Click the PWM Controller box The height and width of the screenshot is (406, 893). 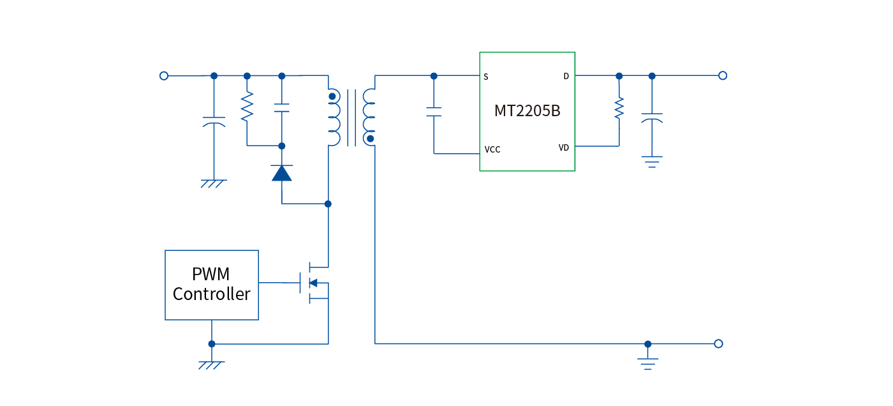coord(212,285)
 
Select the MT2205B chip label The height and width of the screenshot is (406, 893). coord(527,110)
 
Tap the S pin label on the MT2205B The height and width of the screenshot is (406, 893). coord(486,77)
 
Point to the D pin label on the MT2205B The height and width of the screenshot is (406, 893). coord(566,77)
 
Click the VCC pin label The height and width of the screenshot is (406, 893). coord(492,150)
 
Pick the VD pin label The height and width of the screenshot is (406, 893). coord(564,147)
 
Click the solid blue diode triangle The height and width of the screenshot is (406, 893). coord(282,173)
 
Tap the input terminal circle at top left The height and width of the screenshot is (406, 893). coord(164,75)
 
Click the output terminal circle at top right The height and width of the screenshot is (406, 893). coord(723,75)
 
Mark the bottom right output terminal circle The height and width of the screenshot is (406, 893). coord(719,343)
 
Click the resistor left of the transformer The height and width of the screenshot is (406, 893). coord(247,107)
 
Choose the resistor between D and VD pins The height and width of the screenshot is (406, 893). coord(618,108)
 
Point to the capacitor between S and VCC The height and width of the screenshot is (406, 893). coord(434,112)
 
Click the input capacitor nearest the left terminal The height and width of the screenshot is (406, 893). coord(214,121)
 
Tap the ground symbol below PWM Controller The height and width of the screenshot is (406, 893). coord(212,365)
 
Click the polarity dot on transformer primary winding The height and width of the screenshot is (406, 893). coord(332,97)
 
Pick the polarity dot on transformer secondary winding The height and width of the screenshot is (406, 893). coord(371,139)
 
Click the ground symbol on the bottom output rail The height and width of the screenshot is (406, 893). coord(648,363)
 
